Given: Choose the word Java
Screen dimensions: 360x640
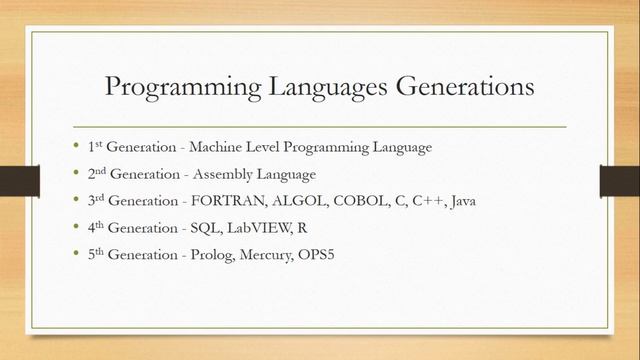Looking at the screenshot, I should click(x=461, y=201).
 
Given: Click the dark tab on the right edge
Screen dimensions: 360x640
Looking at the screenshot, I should click(x=619, y=181).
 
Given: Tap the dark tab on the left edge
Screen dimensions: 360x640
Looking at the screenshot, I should click(x=19, y=181).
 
